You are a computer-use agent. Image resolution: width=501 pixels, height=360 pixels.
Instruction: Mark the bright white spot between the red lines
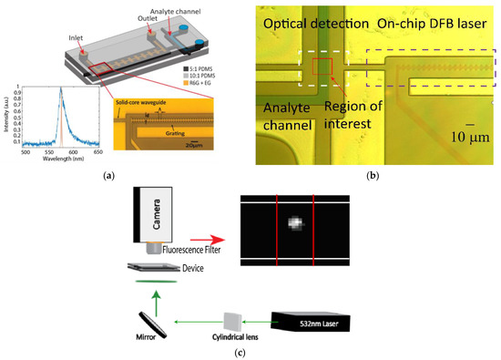[293, 222]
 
